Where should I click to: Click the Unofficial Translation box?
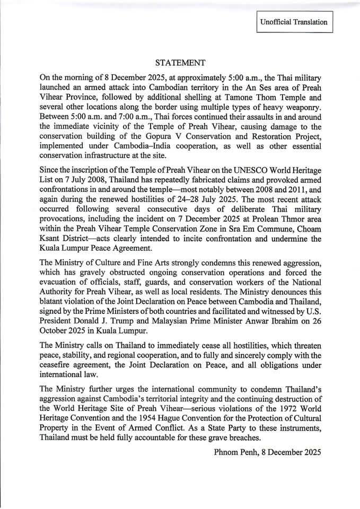coord(293,22)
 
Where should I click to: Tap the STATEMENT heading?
coord(180,63)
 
